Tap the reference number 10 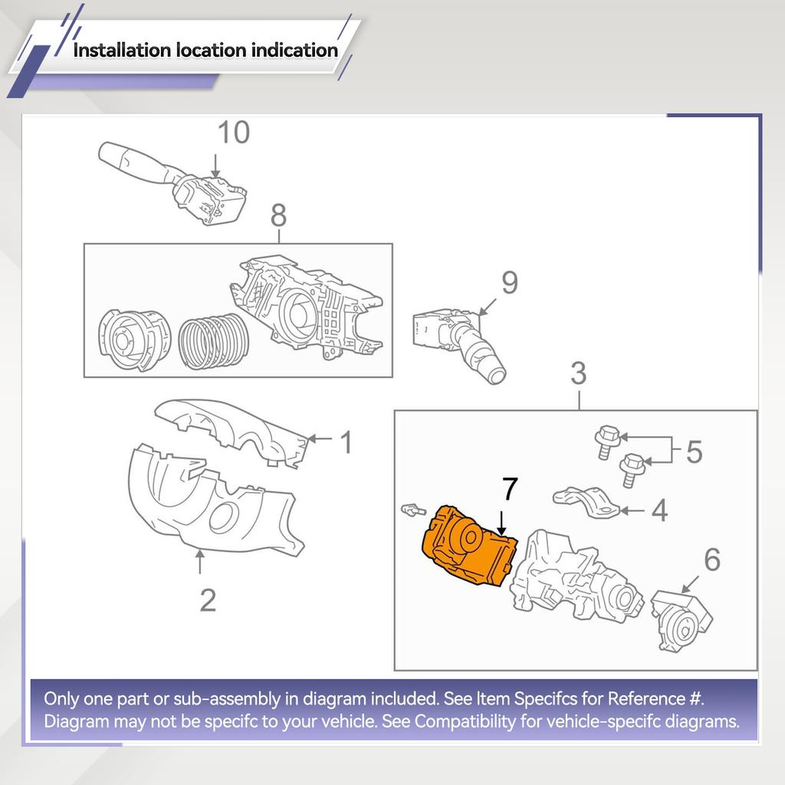pyautogui.click(x=233, y=133)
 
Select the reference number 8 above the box pyautogui.click(x=278, y=216)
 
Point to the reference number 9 pyautogui.click(x=509, y=283)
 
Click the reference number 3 pyautogui.click(x=579, y=374)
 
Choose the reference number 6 pyautogui.click(x=711, y=560)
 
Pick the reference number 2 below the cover pyautogui.click(x=207, y=599)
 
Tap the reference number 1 pyautogui.click(x=346, y=442)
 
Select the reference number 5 pyautogui.click(x=693, y=452)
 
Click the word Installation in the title pyautogui.click(x=121, y=51)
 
